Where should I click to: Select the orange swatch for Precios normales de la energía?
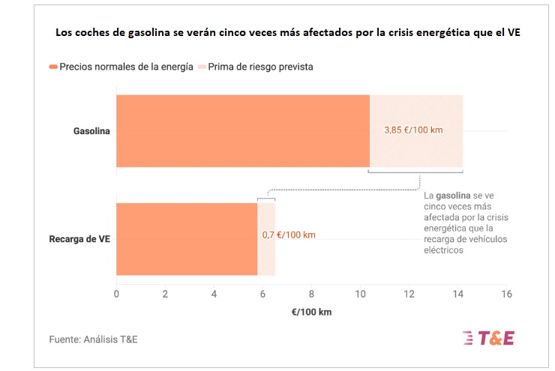point(53,67)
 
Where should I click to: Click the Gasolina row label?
point(91,131)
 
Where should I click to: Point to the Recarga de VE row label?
point(79,239)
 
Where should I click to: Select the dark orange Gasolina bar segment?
point(242,131)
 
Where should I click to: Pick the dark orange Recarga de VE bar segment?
point(187,239)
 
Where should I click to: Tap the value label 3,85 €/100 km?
point(413,130)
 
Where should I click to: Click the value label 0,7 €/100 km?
point(289,235)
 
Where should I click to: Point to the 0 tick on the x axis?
point(116,293)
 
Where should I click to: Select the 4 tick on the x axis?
point(214,293)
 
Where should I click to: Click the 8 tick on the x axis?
point(312,293)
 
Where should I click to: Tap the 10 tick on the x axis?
point(360,293)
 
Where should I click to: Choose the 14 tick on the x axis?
point(457,293)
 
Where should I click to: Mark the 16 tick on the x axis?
point(506,293)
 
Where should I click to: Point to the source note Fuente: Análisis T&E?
point(94,339)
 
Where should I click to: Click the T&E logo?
point(489,338)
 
